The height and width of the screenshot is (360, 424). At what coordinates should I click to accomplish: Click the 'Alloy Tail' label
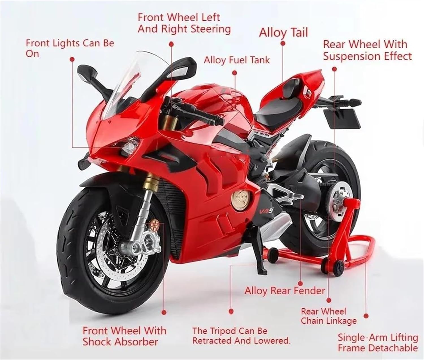point(283,32)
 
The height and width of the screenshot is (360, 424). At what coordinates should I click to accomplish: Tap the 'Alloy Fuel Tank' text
point(237,60)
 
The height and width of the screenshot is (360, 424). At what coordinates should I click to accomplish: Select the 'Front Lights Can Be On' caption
point(70,48)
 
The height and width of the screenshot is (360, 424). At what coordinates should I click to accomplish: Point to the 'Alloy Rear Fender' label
point(285,291)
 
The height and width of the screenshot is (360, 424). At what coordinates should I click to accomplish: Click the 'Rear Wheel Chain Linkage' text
point(328,316)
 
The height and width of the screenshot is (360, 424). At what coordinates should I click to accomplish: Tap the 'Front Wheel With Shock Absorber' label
point(124,336)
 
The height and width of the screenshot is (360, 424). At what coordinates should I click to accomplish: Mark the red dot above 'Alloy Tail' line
point(283,43)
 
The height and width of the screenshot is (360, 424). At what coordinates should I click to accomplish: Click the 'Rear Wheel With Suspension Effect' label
point(367,50)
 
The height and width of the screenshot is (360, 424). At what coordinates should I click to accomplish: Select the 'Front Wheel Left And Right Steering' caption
point(184,23)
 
